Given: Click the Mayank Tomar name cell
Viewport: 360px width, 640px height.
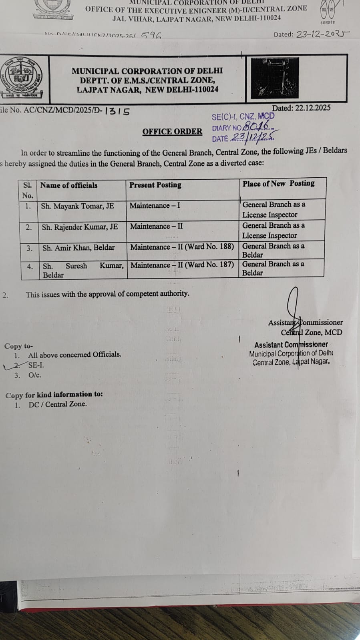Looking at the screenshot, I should point(77,206).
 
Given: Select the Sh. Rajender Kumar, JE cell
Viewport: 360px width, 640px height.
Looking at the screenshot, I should point(80,227).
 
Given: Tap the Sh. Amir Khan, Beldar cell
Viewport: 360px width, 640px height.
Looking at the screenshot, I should point(78,248).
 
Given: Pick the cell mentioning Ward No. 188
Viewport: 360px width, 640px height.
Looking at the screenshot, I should point(182,247).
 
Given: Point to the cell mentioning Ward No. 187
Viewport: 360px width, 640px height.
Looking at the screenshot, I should point(182,265).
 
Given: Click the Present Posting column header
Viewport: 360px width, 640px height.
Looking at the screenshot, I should point(155,185).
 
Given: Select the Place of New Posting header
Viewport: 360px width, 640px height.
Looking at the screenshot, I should point(278,184).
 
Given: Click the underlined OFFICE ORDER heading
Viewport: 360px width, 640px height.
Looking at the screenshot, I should point(172,132).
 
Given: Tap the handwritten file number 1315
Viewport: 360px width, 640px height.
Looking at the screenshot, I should point(117,111).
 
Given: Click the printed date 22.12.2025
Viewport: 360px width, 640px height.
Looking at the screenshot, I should point(301,108).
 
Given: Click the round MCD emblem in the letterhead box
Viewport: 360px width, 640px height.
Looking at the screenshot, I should point(22,78).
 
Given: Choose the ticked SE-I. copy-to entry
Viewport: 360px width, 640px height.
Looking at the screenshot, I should point(36,365).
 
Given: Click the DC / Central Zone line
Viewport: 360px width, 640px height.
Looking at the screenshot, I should point(57,404).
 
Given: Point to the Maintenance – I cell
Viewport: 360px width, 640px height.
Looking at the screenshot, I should point(155,206).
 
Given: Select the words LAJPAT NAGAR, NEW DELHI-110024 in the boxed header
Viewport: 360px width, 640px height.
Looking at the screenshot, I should point(147,90).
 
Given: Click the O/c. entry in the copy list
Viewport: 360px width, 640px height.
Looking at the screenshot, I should point(34,375).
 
